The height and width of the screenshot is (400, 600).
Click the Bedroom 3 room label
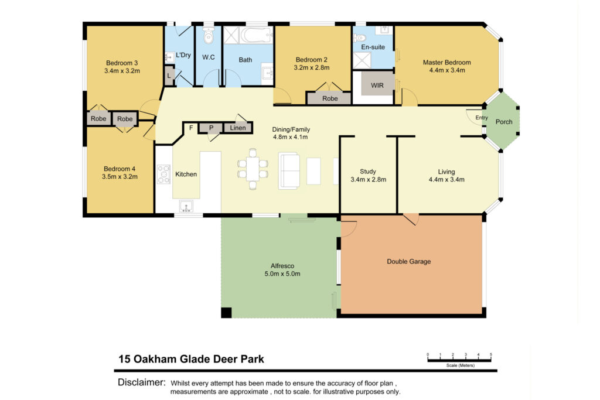click(122, 63)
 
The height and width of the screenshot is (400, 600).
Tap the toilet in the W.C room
click(209, 35)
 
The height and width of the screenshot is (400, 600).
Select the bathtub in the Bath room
click(257, 35)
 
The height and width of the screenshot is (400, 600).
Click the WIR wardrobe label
click(377, 86)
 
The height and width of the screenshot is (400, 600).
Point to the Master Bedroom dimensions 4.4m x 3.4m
click(447, 70)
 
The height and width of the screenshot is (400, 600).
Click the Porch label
click(503, 122)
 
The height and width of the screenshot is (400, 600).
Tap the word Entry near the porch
click(482, 117)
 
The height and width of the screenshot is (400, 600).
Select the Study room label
click(368, 172)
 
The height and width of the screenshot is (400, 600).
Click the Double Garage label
click(408, 262)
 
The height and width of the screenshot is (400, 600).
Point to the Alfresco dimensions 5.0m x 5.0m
click(282, 274)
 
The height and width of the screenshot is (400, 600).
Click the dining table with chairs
click(253, 169)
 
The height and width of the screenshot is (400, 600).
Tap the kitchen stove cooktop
click(164, 174)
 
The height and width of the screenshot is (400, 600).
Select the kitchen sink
click(186, 206)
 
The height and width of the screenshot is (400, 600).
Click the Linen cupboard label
click(238, 128)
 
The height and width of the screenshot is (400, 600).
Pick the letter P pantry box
click(211, 128)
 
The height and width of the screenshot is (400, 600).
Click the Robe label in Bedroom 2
click(330, 98)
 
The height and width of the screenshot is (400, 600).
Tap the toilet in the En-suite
click(359, 37)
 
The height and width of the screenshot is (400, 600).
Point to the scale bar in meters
click(459, 358)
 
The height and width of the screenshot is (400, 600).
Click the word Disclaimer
click(142, 382)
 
